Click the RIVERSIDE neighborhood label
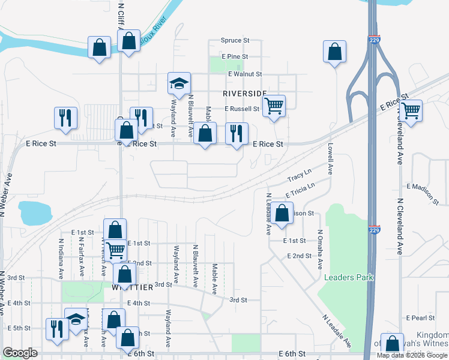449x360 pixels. point(244,94)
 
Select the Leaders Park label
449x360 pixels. point(349,277)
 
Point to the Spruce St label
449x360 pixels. point(235,40)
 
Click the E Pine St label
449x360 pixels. point(234,56)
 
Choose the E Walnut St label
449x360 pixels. point(245,74)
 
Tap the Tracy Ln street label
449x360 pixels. point(300,177)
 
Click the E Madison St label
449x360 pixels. point(427,186)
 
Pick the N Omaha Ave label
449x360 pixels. point(320,249)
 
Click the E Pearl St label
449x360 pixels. point(420,317)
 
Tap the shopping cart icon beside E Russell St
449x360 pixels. point(274,106)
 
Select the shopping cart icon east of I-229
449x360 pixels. point(411,110)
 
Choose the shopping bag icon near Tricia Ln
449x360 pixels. point(282,213)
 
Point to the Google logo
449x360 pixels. point(20,353)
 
